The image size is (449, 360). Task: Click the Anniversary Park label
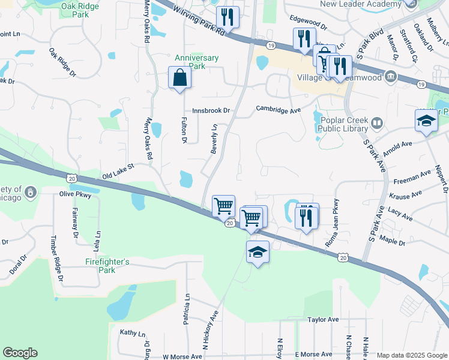point(197,62)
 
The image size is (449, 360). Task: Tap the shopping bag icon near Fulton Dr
point(179,77)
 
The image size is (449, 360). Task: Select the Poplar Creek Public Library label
point(343,123)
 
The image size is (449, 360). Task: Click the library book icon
point(377,124)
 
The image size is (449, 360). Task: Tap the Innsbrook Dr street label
point(211,110)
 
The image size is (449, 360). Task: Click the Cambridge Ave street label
point(278,110)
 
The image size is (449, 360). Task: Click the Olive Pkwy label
point(74,194)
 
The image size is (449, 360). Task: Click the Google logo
point(20,353)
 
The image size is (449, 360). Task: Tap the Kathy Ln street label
point(133,333)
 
